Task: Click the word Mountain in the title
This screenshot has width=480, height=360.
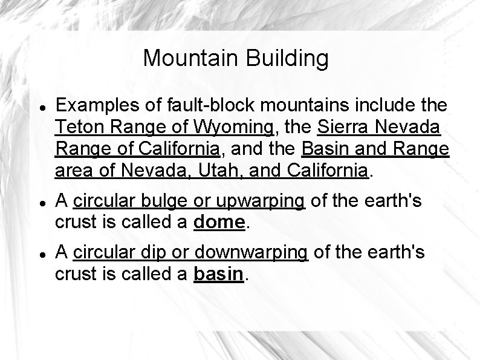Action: click(192, 59)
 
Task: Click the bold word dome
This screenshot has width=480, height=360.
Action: click(218, 223)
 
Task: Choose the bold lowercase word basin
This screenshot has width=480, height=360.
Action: click(218, 274)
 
